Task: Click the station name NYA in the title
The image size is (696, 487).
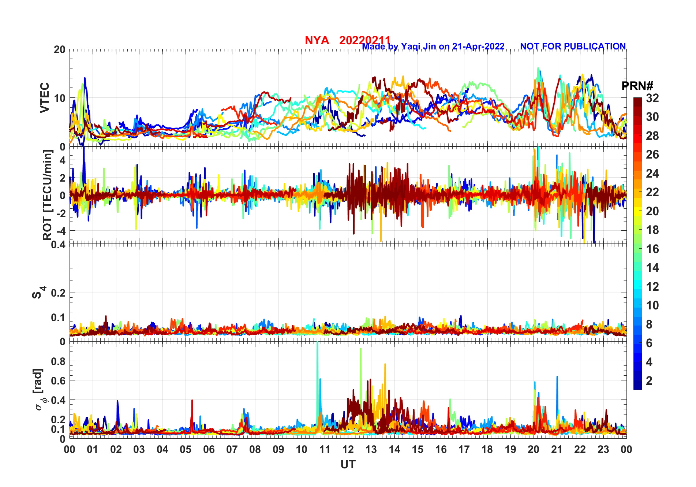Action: [x=317, y=40]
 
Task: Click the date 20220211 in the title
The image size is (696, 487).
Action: [x=364, y=40]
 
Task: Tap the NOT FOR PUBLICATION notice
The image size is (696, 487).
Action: [x=573, y=47]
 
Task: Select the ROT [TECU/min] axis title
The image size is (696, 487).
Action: [x=48, y=195]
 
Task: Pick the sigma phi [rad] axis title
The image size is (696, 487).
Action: [x=38, y=390]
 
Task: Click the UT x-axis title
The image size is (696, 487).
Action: [x=348, y=465]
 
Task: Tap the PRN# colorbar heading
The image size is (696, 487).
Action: [x=637, y=86]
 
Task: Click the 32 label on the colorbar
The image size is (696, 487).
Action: [x=652, y=98]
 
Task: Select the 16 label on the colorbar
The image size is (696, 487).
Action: [x=652, y=249]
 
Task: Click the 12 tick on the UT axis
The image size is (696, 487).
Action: [x=348, y=450]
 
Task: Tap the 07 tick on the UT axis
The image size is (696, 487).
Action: [x=232, y=450]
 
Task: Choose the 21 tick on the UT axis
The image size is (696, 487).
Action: [x=557, y=450]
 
